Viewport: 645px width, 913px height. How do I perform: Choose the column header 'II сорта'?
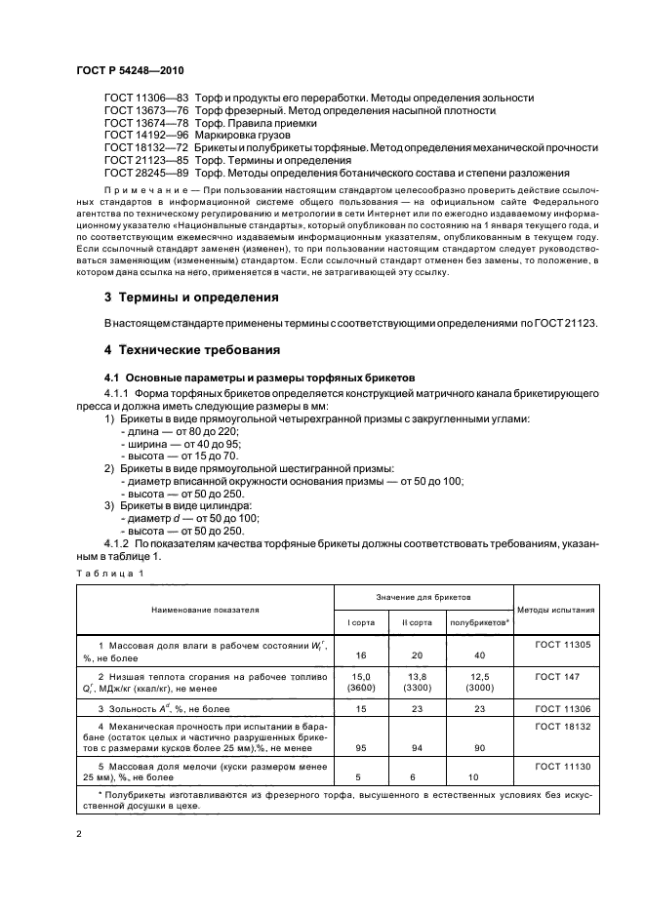click(x=418, y=621)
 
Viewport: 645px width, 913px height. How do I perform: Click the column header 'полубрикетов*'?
click(x=479, y=621)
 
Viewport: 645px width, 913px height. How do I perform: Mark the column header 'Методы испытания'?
click(x=556, y=609)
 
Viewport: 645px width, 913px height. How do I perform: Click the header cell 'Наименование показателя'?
click(x=205, y=609)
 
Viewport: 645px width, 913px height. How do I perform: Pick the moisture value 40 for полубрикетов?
click(x=479, y=655)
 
